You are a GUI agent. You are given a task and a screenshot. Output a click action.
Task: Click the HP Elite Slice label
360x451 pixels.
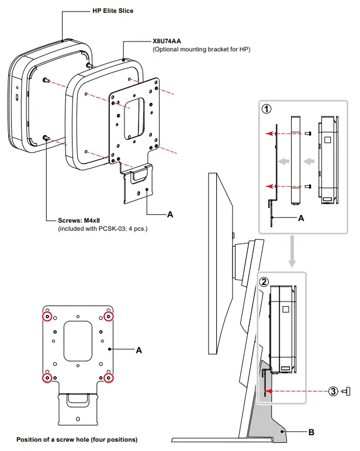113,11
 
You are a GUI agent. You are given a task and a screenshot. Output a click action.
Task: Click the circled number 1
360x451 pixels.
266,109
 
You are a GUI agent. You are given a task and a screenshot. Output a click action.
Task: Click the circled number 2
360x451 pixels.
264,281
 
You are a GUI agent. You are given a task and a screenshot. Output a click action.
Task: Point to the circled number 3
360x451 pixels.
333,391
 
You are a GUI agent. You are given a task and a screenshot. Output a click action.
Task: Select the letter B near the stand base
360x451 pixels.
311,432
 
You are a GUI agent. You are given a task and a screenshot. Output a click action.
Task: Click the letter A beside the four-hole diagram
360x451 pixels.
139,350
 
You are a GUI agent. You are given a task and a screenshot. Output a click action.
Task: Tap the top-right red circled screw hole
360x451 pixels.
108,317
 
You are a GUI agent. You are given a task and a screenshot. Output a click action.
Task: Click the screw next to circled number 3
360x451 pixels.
346,391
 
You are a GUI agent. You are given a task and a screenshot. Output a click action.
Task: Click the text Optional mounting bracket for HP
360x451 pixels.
202,50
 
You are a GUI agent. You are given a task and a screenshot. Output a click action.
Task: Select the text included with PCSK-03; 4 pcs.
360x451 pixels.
102,228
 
